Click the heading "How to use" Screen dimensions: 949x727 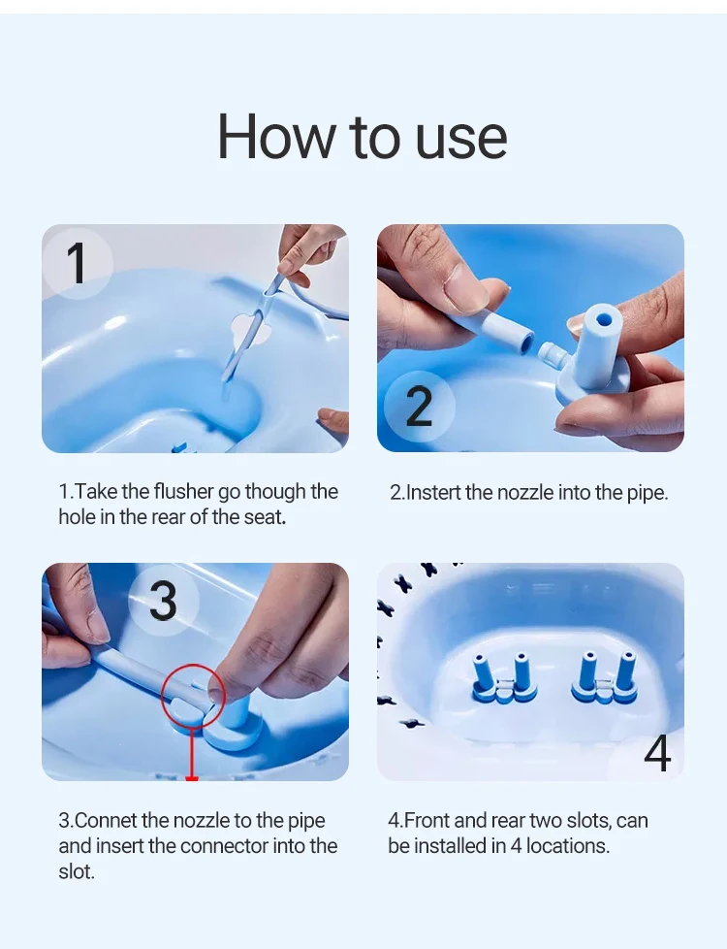coord(362,137)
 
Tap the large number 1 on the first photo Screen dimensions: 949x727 coord(77,263)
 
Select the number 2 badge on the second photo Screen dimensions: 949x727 coord(419,406)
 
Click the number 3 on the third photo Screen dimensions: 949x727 coord(162,601)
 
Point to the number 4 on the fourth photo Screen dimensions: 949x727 coord(656,754)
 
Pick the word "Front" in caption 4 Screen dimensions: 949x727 coord(427,821)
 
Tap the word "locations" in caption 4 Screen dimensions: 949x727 coord(566,846)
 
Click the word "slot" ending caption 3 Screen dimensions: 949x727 coord(75,871)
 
